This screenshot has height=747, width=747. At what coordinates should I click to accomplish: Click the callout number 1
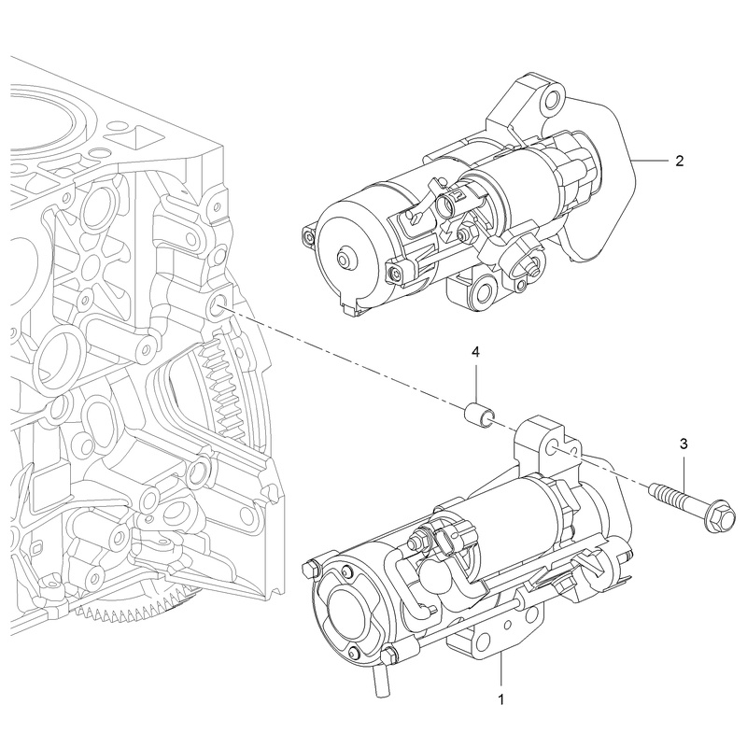501,698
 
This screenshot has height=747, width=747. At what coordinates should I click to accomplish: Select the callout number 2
679,161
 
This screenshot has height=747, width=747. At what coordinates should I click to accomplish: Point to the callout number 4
475,352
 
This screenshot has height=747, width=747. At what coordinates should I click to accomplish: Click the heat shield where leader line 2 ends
632,161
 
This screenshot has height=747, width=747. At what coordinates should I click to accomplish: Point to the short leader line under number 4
475,382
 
